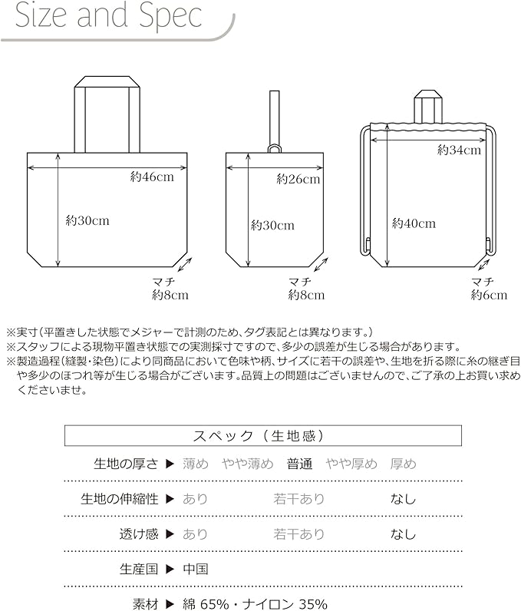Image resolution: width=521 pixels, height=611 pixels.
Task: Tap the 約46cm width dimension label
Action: (x=152, y=177)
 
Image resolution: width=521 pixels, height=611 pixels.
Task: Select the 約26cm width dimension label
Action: (x=298, y=180)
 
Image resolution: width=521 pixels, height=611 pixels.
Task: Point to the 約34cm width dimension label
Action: (x=459, y=150)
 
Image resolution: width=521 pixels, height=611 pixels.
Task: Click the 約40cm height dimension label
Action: (x=414, y=223)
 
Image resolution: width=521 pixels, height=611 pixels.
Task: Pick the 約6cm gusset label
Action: (x=489, y=295)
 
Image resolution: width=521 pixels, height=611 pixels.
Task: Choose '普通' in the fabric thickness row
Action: (x=300, y=464)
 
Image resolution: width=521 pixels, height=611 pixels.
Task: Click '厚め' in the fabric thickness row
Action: (x=403, y=464)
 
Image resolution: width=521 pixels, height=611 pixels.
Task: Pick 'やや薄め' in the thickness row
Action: (x=248, y=464)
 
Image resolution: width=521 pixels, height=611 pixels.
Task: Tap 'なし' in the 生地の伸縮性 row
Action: (x=403, y=499)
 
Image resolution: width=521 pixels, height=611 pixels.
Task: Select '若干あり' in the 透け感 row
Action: (x=299, y=534)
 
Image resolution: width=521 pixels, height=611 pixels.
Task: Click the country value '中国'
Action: (x=196, y=570)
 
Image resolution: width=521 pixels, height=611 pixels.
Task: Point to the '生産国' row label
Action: (x=138, y=570)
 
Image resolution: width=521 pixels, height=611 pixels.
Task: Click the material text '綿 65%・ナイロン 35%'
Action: (x=256, y=603)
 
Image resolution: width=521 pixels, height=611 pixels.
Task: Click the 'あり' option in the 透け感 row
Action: (x=196, y=534)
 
